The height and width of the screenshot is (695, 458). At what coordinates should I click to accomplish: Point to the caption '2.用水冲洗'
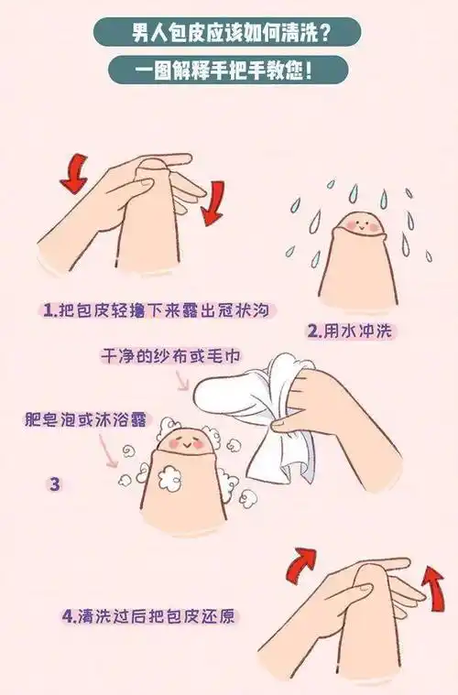(352, 330)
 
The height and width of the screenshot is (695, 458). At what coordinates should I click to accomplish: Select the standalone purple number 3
(54, 483)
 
